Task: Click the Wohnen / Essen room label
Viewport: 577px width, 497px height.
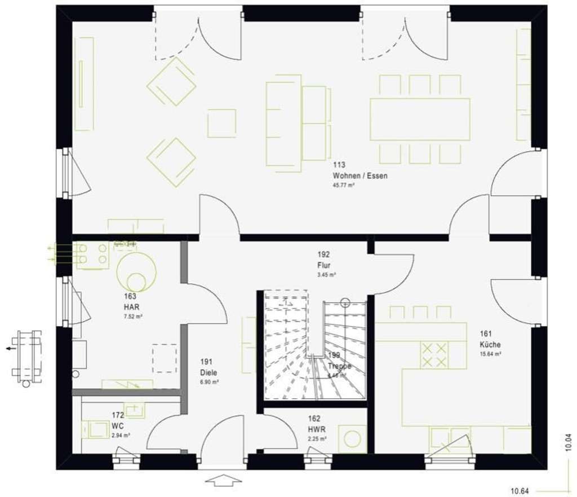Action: coord(359,176)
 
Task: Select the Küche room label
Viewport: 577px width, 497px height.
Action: coord(490,344)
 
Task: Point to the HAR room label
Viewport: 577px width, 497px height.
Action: coord(131,306)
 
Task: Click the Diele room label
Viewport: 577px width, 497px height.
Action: coord(208,372)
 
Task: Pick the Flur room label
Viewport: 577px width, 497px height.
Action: coord(323,265)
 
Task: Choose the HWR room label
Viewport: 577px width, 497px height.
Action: coord(314,429)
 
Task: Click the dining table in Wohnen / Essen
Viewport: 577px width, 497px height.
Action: coord(420,119)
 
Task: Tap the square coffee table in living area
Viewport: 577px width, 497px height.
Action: coord(221,124)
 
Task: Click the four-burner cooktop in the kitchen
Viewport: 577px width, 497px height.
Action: coord(434,354)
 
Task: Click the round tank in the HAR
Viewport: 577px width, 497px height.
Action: coord(136,272)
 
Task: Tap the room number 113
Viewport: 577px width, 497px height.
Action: coord(339,165)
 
